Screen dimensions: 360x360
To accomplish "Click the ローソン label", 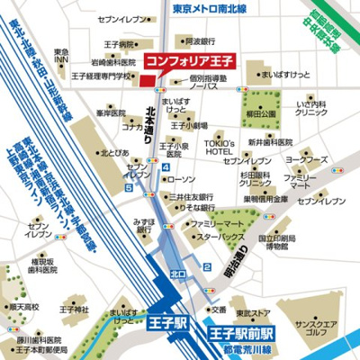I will coord(181,179).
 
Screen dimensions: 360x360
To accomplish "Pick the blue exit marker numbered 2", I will coord(207,266).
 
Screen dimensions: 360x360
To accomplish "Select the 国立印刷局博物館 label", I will coord(276,243).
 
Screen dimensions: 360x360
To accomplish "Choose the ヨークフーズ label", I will coord(306,159).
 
